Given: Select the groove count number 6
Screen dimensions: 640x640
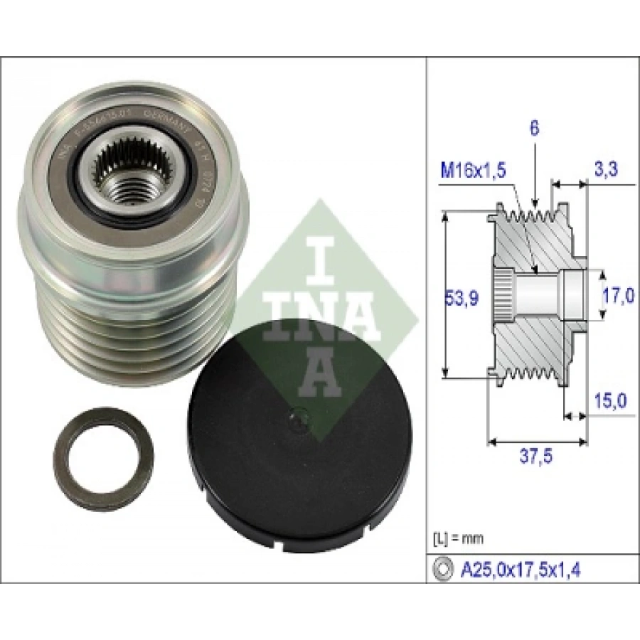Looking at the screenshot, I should [534, 128].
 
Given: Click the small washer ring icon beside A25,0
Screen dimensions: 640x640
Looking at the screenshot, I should [443, 569].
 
